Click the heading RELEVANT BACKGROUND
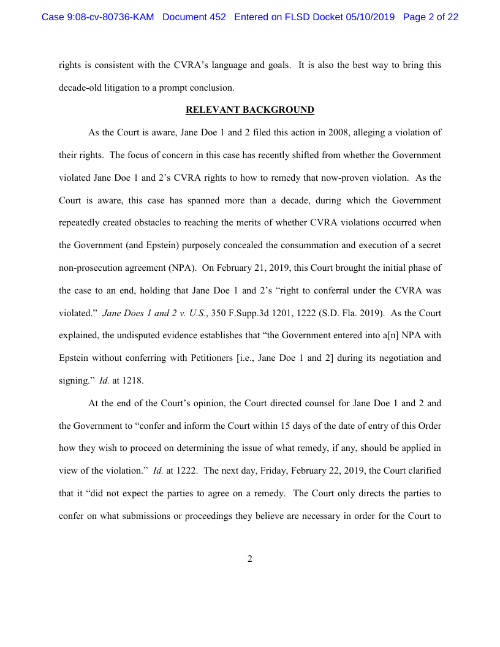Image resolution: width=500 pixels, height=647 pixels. pos(250,110)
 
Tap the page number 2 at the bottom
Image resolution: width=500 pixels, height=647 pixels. pos(250,559)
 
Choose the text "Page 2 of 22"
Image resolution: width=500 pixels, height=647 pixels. pos(431,17)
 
